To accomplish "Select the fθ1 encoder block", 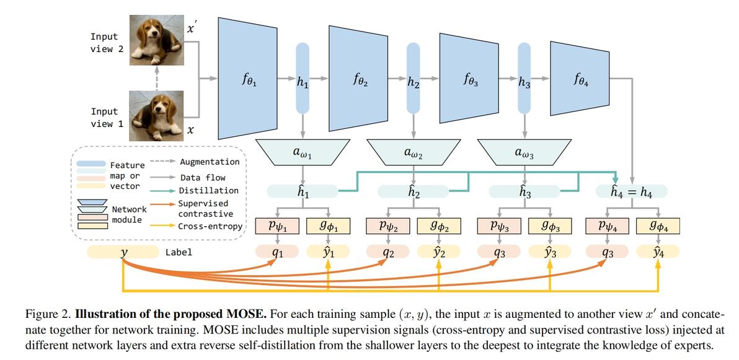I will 247,78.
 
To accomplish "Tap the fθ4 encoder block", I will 578,78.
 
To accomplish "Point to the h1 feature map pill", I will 302,79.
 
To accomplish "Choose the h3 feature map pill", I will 524,79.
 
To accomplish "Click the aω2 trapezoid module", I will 414,152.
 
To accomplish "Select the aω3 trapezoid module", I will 524,152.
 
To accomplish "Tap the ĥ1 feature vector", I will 302,191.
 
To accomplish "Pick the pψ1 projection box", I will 278,225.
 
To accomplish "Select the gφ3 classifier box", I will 549,225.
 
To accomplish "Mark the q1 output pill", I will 277,252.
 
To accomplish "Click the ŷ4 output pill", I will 658,252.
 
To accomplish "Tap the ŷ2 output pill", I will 439,252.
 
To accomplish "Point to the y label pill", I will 123,252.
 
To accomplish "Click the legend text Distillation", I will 208,190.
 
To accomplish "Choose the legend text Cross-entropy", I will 210,226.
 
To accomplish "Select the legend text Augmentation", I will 210,162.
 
